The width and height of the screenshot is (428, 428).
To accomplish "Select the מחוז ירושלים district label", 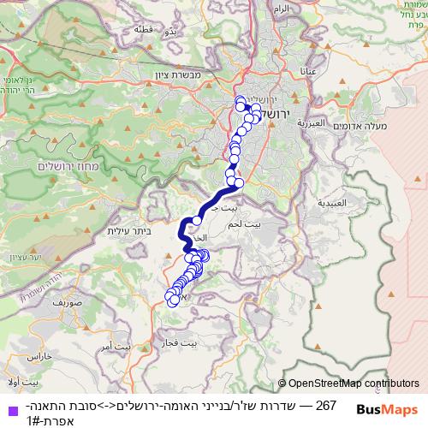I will point(74,165).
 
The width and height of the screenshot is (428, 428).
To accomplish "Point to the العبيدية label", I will point(330,204).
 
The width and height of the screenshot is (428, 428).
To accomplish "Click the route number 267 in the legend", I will point(325,405).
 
